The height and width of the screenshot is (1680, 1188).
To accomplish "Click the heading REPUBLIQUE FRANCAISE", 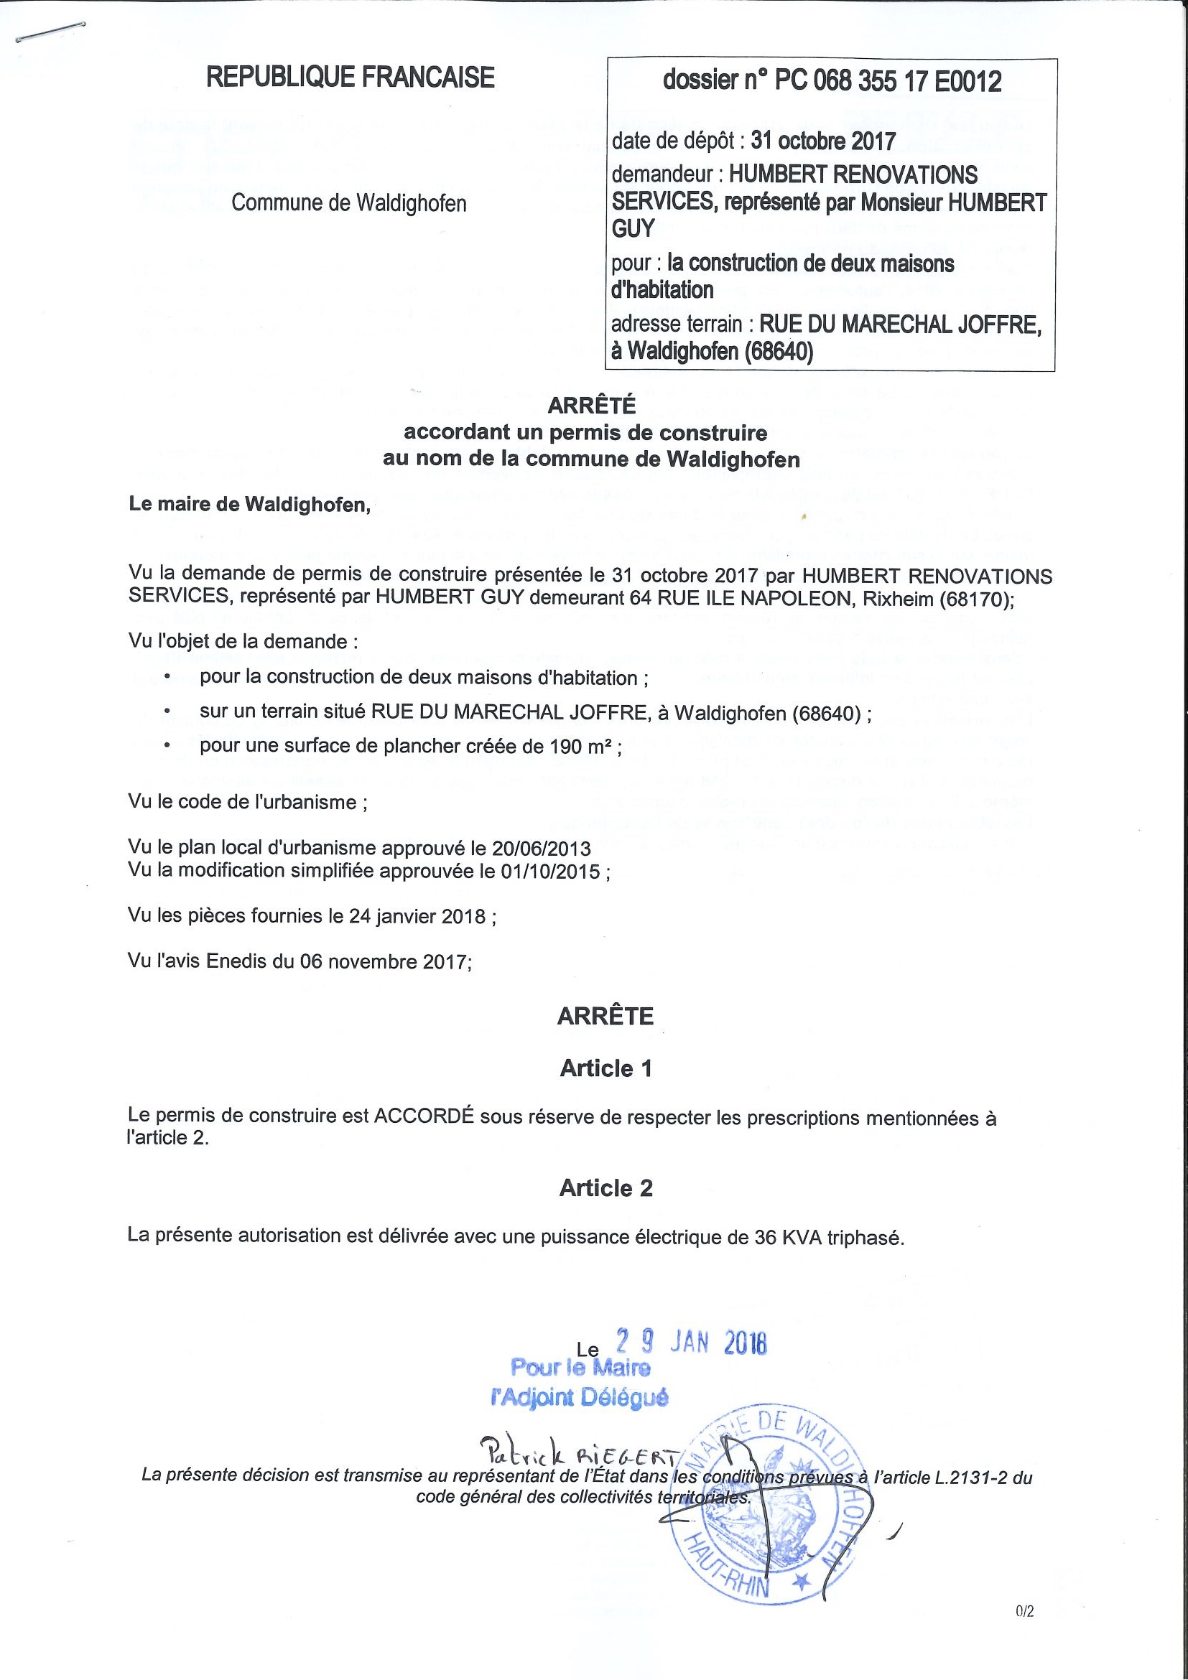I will [350, 78].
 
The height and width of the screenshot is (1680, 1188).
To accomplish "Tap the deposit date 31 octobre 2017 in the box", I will [822, 141].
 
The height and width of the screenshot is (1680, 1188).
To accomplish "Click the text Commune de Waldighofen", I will [348, 202].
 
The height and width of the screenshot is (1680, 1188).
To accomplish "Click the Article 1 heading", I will [605, 1068].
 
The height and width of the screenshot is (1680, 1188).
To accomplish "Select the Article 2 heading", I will [605, 1187].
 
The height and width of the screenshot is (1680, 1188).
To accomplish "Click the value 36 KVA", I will [789, 1236].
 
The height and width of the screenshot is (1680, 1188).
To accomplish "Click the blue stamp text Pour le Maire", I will [580, 1367].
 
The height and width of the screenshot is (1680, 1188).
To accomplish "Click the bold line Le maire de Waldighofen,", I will [250, 504].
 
